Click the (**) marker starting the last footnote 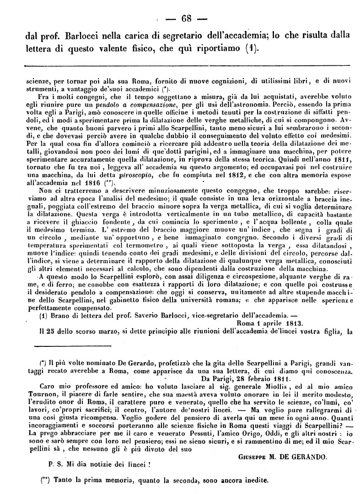(x=45, y=480)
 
